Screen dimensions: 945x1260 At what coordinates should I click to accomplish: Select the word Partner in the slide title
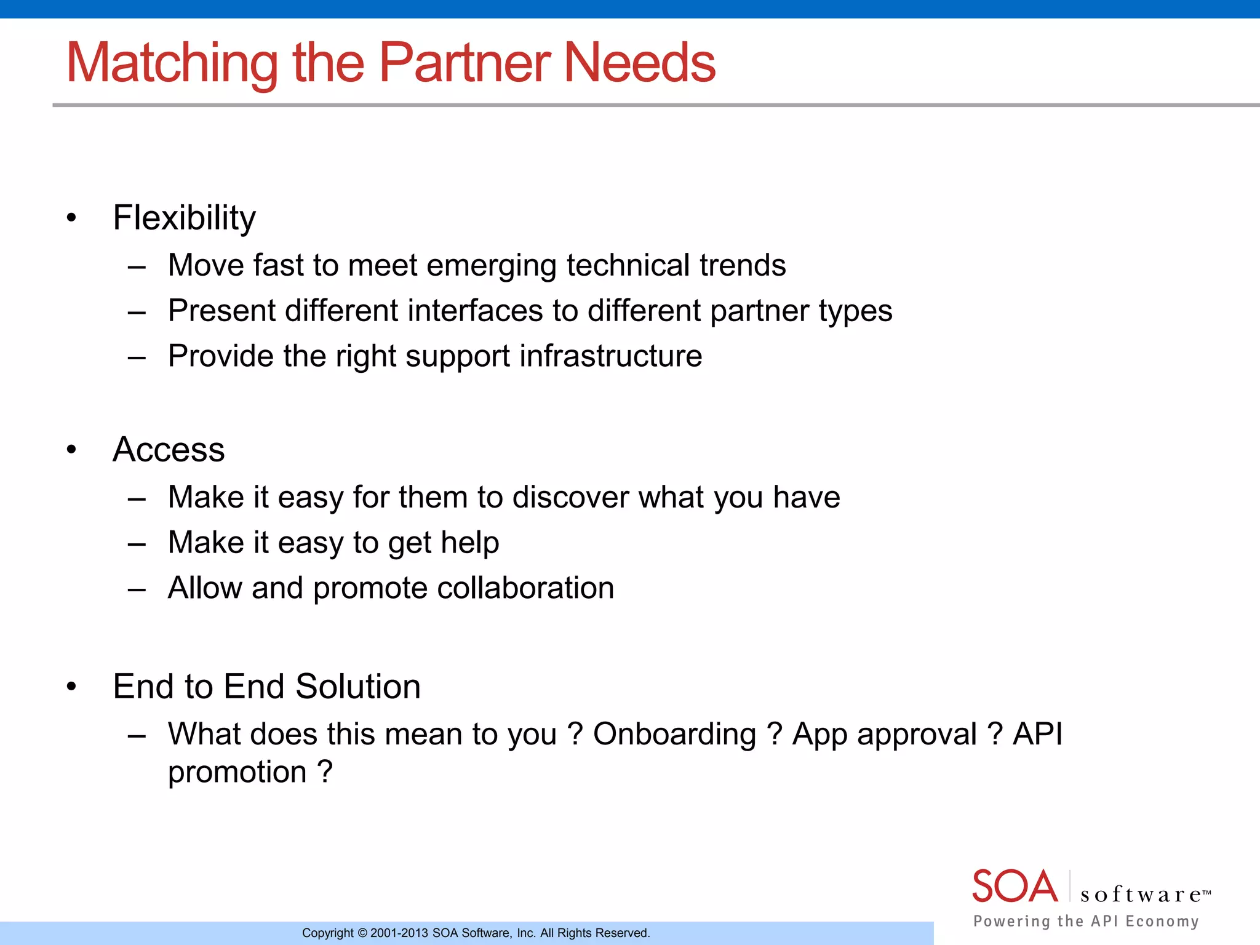[x=465, y=63]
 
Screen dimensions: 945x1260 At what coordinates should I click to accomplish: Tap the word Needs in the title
[x=639, y=63]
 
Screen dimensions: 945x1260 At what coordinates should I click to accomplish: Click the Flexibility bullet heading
[x=184, y=218]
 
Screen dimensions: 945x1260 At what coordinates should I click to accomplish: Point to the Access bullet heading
[x=169, y=449]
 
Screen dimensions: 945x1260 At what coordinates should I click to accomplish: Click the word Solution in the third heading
[x=357, y=686]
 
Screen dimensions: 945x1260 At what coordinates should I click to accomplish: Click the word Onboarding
[x=674, y=734]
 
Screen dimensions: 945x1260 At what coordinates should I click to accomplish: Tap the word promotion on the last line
[x=237, y=772]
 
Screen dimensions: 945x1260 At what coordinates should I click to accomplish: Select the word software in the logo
[x=1141, y=895]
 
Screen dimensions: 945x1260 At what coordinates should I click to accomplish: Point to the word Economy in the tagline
[x=1162, y=921]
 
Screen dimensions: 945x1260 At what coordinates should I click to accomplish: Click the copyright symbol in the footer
[x=362, y=933]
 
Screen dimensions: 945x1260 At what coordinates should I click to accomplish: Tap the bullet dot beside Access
[x=72, y=450]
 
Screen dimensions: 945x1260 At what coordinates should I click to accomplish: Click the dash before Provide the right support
[x=137, y=357]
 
